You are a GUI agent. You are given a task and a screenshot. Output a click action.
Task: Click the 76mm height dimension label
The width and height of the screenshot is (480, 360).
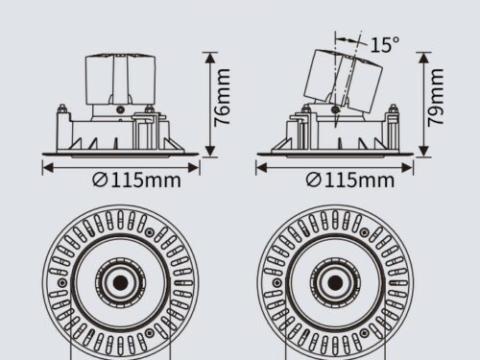pyautogui.click(x=222, y=97)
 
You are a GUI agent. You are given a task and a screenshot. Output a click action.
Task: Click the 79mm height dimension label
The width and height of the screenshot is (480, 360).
pyautogui.click(x=436, y=97)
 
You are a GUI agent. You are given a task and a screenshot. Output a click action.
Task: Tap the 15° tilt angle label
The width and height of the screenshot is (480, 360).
pyautogui.click(x=385, y=44)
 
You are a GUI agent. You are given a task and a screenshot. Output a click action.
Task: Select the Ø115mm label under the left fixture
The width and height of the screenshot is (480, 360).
pyautogui.click(x=136, y=180)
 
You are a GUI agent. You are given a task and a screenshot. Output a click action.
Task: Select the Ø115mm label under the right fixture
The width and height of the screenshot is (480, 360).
pyautogui.click(x=350, y=180)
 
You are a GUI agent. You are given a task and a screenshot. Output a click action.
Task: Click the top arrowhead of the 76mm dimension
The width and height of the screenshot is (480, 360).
pyautogui.click(x=210, y=58)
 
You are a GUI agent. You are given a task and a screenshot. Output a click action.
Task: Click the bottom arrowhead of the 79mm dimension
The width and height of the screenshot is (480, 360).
pyautogui.click(x=423, y=151)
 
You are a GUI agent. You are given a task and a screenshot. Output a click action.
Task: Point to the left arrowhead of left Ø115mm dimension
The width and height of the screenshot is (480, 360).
pyautogui.click(x=48, y=168)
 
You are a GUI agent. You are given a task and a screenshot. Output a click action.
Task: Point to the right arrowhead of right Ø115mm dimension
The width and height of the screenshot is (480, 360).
pyautogui.click(x=407, y=168)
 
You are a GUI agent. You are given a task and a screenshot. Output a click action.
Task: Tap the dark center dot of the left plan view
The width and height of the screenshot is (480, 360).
pyautogui.click(x=121, y=282)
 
